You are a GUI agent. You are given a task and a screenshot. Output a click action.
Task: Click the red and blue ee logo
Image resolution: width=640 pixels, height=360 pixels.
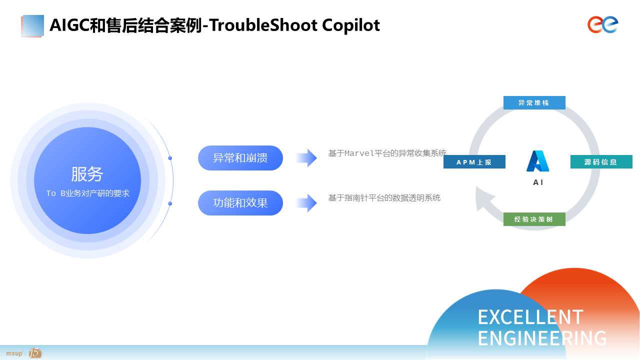603,24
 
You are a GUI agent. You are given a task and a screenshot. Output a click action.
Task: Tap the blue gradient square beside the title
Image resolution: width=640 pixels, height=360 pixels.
32,25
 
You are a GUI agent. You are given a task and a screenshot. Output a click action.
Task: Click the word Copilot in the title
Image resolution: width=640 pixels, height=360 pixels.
351,25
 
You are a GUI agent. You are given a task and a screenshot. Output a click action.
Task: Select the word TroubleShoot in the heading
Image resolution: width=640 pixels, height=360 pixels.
263,25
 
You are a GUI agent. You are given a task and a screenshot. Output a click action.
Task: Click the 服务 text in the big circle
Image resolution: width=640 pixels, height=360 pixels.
87,174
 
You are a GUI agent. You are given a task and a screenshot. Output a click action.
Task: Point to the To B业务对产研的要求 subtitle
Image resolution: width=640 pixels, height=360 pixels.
87,193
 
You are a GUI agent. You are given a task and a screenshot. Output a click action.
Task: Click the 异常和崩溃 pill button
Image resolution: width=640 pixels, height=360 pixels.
240,158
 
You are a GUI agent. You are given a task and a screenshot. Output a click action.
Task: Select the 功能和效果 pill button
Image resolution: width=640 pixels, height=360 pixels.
240,203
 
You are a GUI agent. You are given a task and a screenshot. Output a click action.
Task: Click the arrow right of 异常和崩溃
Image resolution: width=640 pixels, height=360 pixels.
306,157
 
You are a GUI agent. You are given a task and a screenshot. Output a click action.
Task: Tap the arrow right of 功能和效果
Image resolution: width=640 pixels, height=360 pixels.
306,203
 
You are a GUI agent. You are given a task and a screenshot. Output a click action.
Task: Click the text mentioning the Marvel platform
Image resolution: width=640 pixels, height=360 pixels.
387,153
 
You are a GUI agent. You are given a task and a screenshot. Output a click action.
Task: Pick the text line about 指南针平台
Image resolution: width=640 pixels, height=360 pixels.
384,197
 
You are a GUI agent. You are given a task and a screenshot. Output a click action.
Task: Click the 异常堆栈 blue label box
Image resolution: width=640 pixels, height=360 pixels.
534,102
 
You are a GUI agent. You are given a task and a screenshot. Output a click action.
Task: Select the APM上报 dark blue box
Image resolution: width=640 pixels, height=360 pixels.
474,161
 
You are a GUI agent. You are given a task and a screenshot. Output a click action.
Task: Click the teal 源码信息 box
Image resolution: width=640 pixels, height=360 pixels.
601,161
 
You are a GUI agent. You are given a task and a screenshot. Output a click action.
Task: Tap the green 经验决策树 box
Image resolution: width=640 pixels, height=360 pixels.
534,219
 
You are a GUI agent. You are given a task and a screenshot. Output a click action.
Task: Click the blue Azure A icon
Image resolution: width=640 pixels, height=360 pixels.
537,161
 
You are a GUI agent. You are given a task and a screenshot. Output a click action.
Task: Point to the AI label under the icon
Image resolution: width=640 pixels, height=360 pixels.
538,182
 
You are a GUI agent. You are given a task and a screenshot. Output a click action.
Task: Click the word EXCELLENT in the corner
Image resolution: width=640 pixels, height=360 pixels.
530,317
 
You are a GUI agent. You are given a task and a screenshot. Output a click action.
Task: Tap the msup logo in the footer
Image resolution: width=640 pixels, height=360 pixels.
14,353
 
